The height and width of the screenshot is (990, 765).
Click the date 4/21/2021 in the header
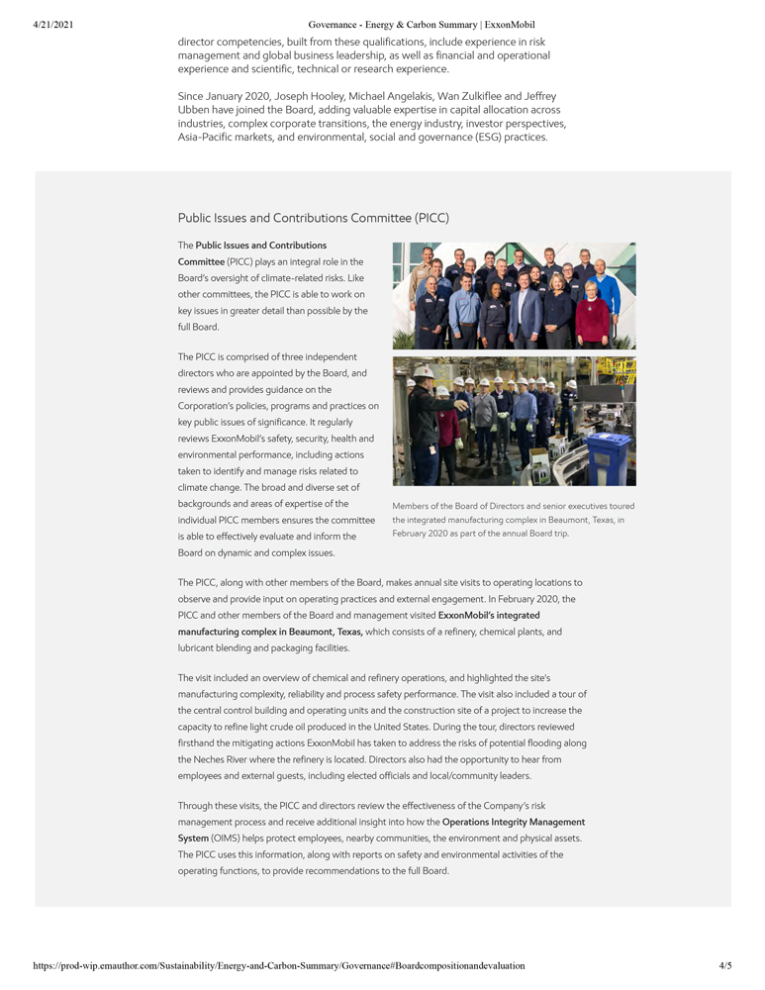click(52, 24)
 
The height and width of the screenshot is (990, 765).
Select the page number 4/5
click(725, 964)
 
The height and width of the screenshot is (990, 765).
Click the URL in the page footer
click(278, 964)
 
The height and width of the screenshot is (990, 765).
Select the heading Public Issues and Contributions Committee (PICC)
click(313, 218)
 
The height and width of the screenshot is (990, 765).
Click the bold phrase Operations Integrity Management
click(513, 822)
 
